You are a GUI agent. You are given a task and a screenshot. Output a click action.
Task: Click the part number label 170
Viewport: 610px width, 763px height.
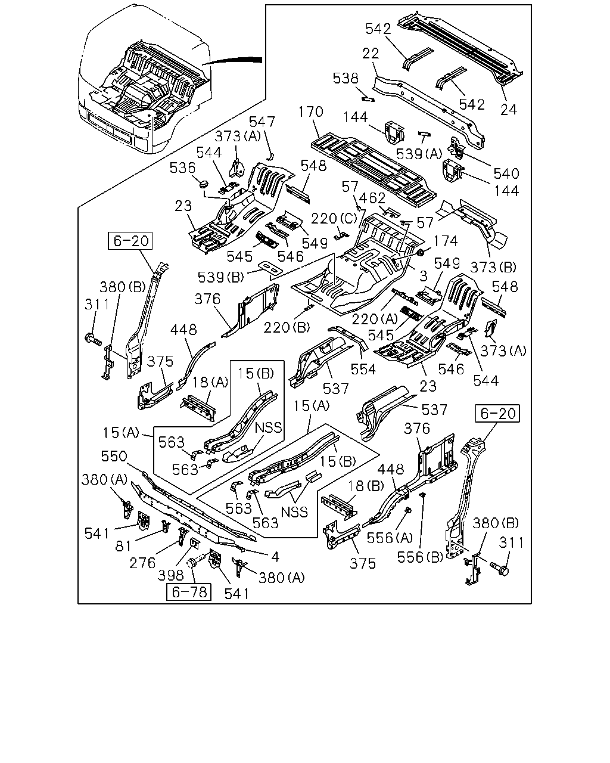pyautogui.click(x=310, y=111)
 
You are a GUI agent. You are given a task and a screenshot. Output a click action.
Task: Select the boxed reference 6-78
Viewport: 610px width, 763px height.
pyautogui.click(x=189, y=592)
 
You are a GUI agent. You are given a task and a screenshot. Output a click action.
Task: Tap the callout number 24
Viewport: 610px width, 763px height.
pyautogui.click(x=509, y=110)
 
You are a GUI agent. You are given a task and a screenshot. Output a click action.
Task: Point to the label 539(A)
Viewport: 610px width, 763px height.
pyautogui.click(x=419, y=154)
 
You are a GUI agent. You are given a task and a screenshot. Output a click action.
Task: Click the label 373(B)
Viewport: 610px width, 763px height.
pyautogui.click(x=493, y=267)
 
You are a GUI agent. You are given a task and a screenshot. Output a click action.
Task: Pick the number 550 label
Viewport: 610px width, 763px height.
pyautogui.click(x=114, y=457)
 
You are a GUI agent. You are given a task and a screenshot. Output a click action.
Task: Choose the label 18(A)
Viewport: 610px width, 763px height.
pyautogui.click(x=210, y=382)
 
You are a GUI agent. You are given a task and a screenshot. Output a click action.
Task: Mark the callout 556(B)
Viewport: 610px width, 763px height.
pyautogui.click(x=420, y=558)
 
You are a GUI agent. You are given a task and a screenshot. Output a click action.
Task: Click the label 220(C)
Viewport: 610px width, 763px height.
pyautogui.click(x=334, y=219)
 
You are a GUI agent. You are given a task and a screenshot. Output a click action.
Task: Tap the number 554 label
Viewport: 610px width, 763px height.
pyautogui.click(x=363, y=370)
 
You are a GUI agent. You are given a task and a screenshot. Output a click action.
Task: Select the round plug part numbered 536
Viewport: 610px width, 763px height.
pyautogui.click(x=204, y=184)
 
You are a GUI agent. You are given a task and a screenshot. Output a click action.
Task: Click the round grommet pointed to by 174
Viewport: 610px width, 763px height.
pyautogui.click(x=421, y=253)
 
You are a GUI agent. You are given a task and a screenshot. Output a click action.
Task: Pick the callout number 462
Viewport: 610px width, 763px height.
pyautogui.click(x=372, y=198)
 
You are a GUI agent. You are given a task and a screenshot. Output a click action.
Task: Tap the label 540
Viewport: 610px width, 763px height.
pyautogui.click(x=506, y=173)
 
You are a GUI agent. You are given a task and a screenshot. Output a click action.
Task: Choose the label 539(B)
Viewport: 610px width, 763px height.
pyautogui.click(x=221, y=277)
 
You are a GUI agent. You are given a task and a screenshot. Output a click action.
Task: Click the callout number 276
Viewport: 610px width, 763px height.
pyautogui.click(x=142, y=563)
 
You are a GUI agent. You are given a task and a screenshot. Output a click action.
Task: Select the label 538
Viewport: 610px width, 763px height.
pyautogui.click(x=346, y=78)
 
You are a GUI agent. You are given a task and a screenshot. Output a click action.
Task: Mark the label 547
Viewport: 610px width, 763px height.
pyautogui.click(x=262, y=122)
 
